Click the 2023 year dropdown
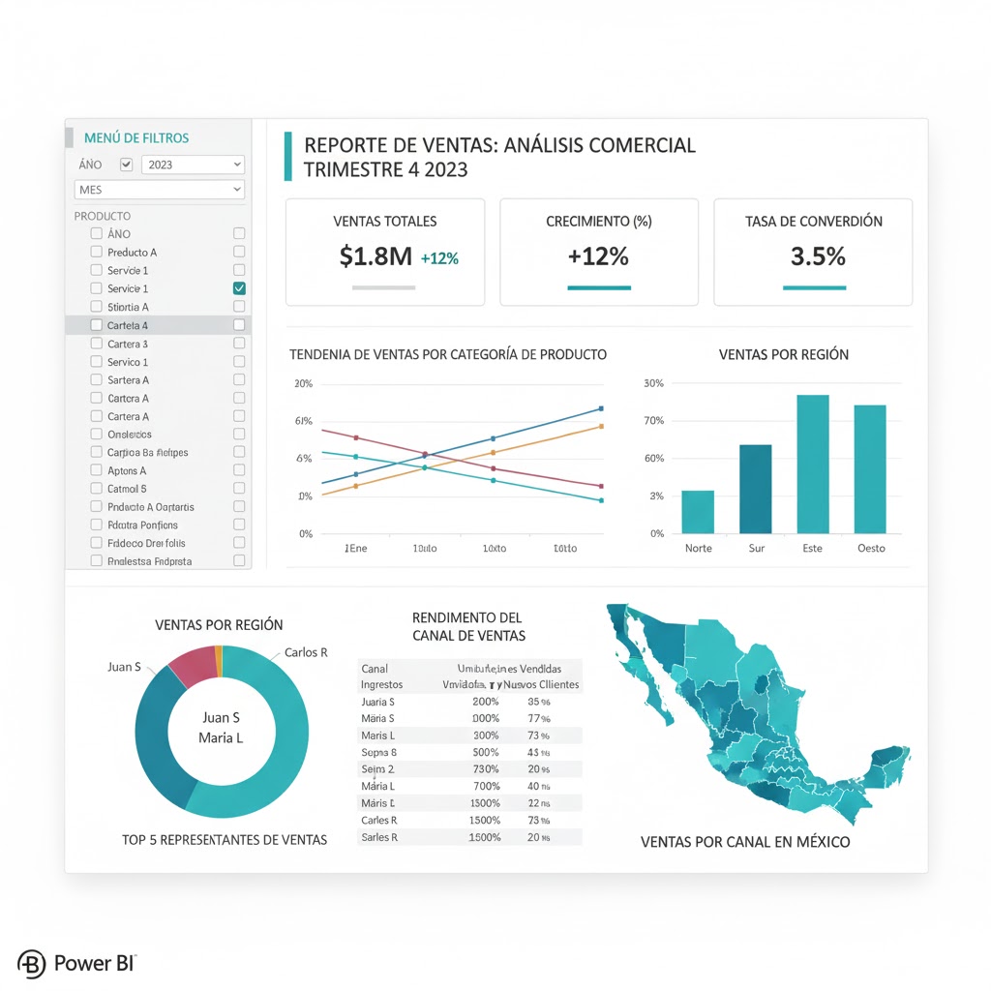[193, 165]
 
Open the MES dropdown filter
[159, 190]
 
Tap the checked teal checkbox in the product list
[239, 288]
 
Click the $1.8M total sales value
[375, 256]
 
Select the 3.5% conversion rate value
[818, 256]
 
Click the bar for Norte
[698, 512]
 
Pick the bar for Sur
[756, 489]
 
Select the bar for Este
[813, 464]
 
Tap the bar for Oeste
[870, 468]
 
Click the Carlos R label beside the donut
[306, 652]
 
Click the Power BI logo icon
[32, 964]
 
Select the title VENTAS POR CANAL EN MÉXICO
[745, 842]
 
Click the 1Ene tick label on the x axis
[356, 548]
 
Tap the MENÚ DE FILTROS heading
[136, 138]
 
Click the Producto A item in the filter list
[132, 252]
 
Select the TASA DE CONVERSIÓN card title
[814, 222]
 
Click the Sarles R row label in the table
[379, 837]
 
